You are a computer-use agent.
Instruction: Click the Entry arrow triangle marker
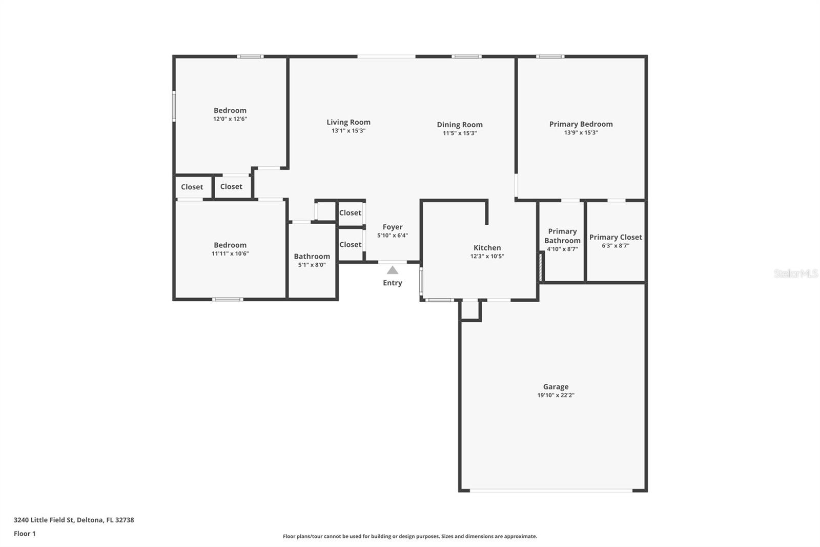(392, 270)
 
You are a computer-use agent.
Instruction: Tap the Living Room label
(348, 122)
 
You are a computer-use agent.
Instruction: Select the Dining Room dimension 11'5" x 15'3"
(460, 133)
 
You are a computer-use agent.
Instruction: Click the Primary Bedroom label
(581, 124)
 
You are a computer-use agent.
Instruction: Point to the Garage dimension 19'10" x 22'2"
(556, 395)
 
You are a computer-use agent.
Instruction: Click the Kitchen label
(487, 247)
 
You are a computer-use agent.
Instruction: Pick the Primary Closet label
(615, 237)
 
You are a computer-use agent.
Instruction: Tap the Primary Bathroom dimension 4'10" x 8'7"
(562, 249)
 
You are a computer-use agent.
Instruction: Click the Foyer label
(393, 227)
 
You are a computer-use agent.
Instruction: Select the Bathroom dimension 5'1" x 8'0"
(312, 265)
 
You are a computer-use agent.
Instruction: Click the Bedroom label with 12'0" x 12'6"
(230, 110)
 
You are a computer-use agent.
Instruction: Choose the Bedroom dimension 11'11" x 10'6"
(230, 253)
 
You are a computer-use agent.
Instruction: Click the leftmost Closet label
(192, 187)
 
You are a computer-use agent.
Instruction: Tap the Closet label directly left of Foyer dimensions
(350, 244)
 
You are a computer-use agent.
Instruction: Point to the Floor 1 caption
(25, 534)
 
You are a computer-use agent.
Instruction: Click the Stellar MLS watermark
(795, 273)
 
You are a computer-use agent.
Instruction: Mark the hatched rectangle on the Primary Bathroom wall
(540, 266)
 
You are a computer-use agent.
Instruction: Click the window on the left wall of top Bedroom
(174, 106)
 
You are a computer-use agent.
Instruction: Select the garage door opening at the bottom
(551, 491)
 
